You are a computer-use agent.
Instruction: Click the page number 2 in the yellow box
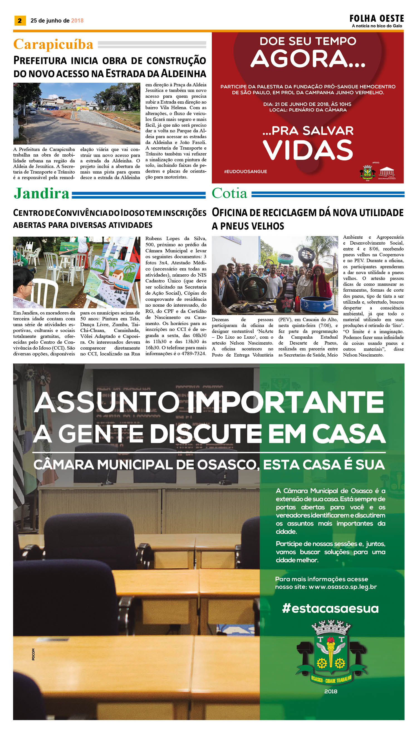(x=20, y=21)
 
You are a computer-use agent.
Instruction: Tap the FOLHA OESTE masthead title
(x=376, y=19)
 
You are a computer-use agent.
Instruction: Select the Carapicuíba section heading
(x=53, y=44)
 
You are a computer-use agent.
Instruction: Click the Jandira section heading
(x=41, y=193)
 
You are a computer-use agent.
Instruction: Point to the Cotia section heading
(x=229, y=193)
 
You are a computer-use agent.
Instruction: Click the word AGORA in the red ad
(x=308, y=59)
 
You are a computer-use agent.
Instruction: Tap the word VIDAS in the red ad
(x=308, y=150)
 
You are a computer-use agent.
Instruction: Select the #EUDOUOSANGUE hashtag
(x=246, y=172)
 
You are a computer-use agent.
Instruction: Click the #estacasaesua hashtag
(x=330, y=608)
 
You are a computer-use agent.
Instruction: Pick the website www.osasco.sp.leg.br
(x=342, y=587)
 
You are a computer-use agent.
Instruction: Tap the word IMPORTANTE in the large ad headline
(x=286, y=402)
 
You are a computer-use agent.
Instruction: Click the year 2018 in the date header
(x=77, y=21)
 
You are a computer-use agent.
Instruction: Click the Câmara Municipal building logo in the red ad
(x=387, y=173)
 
